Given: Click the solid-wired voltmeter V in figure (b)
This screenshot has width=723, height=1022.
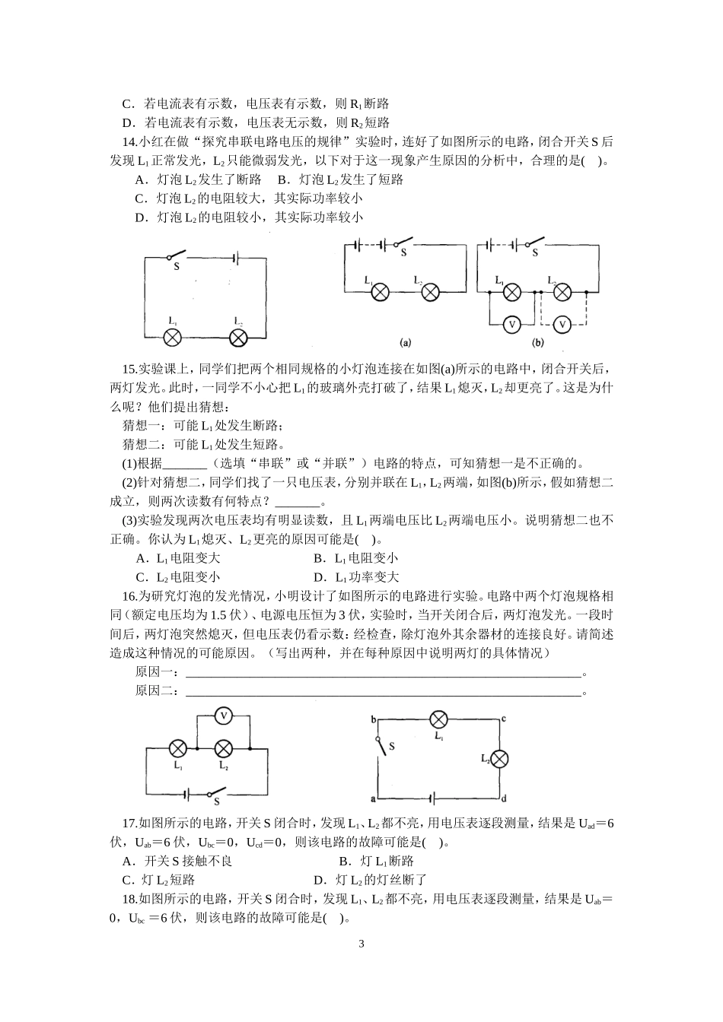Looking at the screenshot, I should coord(511,324).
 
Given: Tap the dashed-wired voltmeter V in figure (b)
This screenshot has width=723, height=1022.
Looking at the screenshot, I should coord(562,324).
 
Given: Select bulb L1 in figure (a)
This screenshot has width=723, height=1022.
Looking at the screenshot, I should coord(380,291).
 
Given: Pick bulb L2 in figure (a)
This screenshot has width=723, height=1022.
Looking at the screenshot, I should coord(430,291).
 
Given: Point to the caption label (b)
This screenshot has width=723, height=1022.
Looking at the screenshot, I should coord(538,342).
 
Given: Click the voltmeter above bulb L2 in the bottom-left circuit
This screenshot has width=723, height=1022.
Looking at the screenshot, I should coord(223,716).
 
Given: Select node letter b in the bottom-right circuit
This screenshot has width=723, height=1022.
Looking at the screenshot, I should coord(373,719).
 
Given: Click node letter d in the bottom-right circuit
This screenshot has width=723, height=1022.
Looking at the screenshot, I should coord(504,798).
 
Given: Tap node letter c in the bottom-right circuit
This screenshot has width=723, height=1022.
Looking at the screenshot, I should coord(504,719).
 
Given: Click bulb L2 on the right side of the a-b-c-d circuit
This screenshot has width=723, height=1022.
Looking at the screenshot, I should coord(499,758).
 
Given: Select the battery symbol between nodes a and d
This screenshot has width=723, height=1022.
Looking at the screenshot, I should coord(433,798).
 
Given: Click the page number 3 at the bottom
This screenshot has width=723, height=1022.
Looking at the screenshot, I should coord(361,944).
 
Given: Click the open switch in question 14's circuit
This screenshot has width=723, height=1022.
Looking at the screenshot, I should coord(177,255).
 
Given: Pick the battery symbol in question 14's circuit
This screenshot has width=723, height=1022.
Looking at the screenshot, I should coord(236,259).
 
